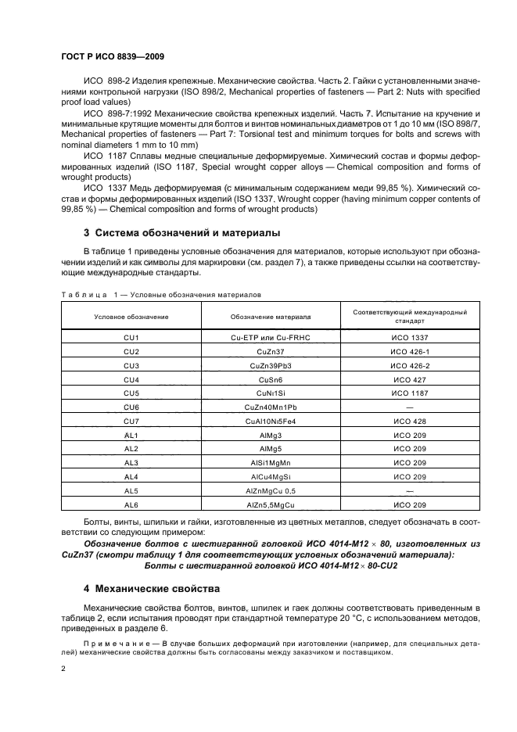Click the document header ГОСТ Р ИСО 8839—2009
click(113, 57)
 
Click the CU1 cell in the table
click(131, 337)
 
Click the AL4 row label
click(131, 476)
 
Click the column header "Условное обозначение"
click(131, 317)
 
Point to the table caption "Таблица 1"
click(88, 295)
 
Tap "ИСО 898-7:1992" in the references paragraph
click(116, 113)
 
